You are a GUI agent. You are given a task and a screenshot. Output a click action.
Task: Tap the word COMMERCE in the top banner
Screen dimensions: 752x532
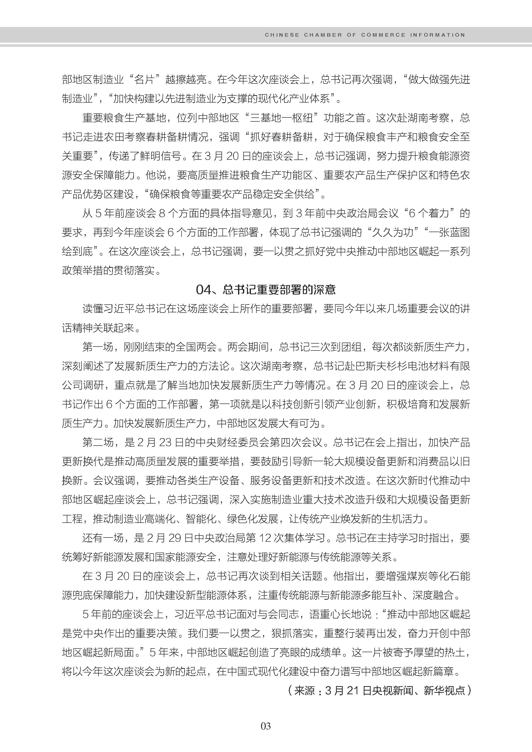pos(383,35)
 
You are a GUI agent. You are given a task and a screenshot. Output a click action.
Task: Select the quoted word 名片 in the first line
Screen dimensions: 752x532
pos(145,80)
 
